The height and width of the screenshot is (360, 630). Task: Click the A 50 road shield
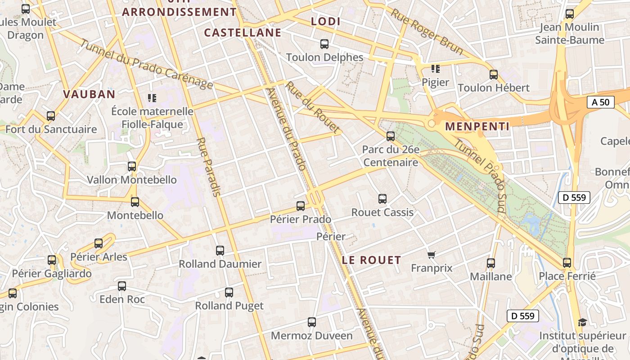(x=600, y=102)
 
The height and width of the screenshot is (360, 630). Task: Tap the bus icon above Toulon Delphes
(x=324, y=44)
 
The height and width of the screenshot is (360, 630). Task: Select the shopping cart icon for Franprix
(x=432, y=255)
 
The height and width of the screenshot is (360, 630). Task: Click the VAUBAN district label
(x=90, y=94)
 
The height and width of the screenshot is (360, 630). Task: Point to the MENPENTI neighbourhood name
(x=477, y=127)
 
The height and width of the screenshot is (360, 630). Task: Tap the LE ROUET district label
(x=371, y=260)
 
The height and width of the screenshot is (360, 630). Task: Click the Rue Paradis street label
(x=209, y=167)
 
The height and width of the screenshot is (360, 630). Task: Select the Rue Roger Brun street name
(x=426, y=31)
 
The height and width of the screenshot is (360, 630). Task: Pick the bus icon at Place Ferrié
(x=567, y=263)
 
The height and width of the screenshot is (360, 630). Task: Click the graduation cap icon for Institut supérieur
(x=582, y=322)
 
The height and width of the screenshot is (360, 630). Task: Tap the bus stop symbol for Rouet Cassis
(x=382, y=198)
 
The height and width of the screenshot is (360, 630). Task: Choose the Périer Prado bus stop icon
(x=301, y=206)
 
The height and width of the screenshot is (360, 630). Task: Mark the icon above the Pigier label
(x=435, y=69)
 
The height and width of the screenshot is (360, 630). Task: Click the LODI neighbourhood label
(x=326, y=22)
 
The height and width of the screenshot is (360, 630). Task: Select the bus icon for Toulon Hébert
(x=494, y=75)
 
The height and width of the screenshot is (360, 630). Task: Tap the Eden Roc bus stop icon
(x=122, y=286)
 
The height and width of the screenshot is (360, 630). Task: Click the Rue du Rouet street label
(x=313, y=108)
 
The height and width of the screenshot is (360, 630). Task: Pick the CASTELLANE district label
(x=243, y=33)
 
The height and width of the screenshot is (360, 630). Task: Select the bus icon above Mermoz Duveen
(x=312, y=322)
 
